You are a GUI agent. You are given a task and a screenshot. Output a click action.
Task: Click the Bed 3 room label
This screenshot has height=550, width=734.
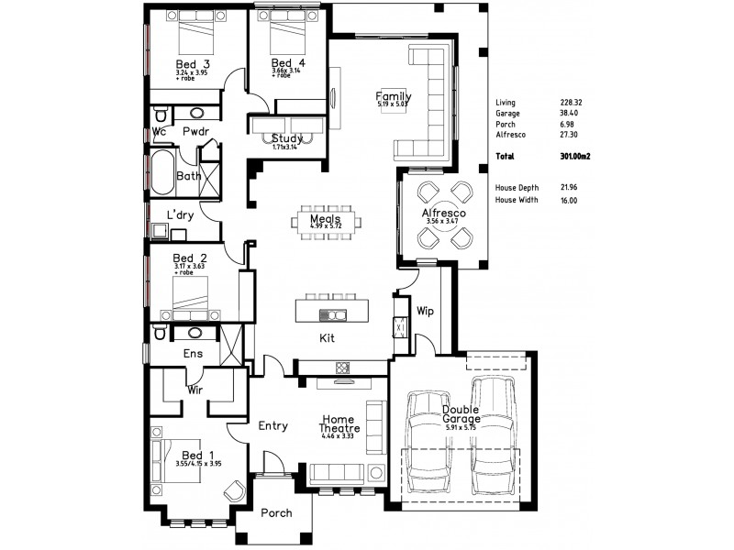click(193, 64)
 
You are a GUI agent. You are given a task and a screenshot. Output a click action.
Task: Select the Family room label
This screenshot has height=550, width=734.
click(394, 97)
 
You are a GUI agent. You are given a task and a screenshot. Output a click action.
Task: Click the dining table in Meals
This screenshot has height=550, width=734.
click(326, 221)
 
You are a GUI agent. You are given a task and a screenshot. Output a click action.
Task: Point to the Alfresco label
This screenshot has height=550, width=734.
click(444, 213)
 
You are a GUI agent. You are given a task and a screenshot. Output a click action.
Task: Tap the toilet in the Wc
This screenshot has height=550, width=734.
click(161, 114)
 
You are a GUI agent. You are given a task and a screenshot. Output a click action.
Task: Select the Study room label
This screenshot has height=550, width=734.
click(286, 138)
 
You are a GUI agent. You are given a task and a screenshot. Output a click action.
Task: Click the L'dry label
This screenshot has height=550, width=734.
click(180, 214)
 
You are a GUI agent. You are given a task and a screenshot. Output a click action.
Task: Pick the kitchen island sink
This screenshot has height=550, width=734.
click(331, 315)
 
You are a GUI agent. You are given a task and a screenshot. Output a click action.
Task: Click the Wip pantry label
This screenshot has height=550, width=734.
click(425, 311)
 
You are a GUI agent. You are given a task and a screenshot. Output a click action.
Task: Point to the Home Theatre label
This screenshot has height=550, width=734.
click(339, 423)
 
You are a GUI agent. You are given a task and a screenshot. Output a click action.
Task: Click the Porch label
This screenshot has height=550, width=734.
click(276, 513)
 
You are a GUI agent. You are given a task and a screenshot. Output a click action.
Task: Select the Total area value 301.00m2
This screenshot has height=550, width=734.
click(573, 157)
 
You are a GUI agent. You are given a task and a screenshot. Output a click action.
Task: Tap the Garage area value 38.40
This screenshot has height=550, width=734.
click(570, 114)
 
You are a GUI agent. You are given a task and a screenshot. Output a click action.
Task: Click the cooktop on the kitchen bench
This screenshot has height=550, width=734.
click(343, 368)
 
